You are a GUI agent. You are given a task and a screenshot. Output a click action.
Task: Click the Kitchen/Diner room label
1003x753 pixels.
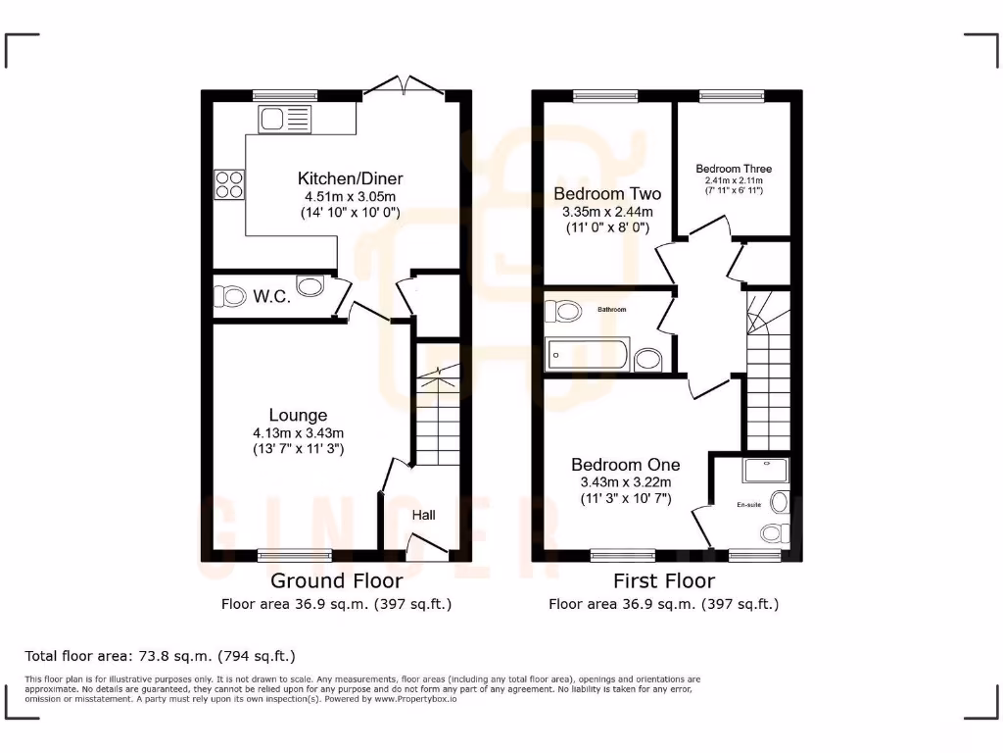350,178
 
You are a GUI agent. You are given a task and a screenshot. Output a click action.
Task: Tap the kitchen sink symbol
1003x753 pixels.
284,120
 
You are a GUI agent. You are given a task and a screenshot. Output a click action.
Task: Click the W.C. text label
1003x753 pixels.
270,296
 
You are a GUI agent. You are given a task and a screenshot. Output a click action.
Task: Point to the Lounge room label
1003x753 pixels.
298,415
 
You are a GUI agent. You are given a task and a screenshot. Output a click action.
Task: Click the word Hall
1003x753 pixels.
423,515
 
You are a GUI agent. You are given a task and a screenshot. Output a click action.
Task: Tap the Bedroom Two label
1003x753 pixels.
606,193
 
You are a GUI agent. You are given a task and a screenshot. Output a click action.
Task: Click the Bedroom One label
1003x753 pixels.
625,464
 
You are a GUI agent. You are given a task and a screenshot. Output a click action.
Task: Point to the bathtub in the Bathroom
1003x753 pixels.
587,354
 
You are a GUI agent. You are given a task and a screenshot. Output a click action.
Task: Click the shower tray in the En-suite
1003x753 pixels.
765,471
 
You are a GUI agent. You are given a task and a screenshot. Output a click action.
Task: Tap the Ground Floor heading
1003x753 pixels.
336,580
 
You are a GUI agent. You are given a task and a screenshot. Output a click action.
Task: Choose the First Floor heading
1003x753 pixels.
663,580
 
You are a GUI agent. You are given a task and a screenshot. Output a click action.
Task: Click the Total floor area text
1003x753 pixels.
160,655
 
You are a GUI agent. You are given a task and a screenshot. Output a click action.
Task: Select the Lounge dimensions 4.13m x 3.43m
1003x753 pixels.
298,432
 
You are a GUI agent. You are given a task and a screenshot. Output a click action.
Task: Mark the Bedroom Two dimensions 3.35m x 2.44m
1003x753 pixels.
606,212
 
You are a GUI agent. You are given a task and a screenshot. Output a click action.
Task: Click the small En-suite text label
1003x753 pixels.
748,505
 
